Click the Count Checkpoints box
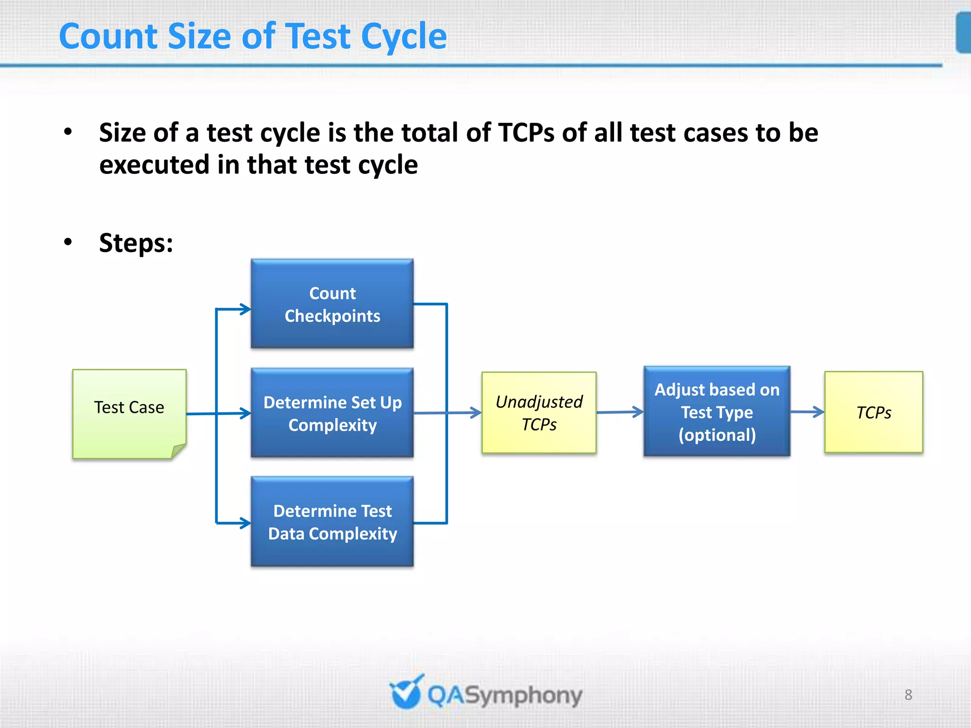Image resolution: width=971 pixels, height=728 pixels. [x=332, y=304]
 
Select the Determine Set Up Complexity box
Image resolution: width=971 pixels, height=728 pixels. [x=332, y=413]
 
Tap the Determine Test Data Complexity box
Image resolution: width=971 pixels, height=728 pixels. [x=332, y=521]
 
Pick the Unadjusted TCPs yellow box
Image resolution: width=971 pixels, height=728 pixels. [x=539, y=412]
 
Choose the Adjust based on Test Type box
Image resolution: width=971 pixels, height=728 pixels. [x=716, y=411]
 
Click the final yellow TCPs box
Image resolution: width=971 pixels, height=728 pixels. [x=873, y=412]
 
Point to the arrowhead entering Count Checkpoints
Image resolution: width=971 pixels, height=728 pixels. [x=246, y=309]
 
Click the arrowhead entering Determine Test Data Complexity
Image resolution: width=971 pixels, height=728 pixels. [x=246, y=523]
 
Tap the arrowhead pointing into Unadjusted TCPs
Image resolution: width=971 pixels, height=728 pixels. [x=476, y=412]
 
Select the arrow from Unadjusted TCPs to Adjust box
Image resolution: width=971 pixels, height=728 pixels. [x=619, y=412]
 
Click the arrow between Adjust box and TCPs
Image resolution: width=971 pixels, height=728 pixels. [x=807, y=411]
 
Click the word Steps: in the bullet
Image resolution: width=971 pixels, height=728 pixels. [x=136, y=243]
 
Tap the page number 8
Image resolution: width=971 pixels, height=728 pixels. [x=908, y=694]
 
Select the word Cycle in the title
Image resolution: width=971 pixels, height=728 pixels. [x=403, y=36]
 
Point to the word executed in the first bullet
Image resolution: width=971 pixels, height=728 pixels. [x=154, y=165]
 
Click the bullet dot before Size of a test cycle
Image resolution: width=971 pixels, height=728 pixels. [x=68, y=132]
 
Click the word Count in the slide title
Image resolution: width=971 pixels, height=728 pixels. [x=108, y=36]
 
